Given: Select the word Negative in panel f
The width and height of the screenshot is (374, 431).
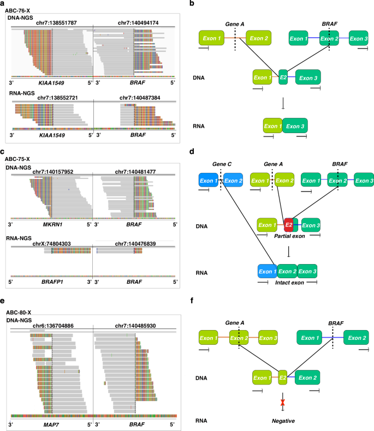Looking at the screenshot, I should tap(283, 419).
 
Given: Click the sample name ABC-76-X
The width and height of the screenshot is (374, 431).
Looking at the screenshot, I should tap(20, 10).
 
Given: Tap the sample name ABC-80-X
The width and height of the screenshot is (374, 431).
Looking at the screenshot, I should tap(20, 312).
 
